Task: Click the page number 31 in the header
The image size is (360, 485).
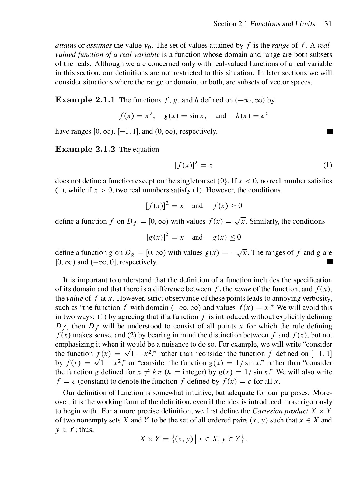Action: [x=328, y=24]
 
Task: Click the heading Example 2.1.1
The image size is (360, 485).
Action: [x=85, y=100]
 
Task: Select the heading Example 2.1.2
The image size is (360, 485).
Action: [x=85, y=149]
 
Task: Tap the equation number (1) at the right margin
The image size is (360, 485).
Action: [x=327, y=165]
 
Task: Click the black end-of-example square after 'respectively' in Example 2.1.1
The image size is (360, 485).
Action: [x=330, y=132]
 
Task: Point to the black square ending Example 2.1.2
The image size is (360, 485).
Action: [x=330, y=262]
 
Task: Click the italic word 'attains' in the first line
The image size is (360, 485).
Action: [x=66, y=45]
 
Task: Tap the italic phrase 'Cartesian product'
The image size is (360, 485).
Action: [x=280, y=411]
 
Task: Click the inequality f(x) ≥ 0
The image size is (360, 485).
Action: [x=228, y=206]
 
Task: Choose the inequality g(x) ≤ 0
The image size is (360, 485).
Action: [x=227, y=237]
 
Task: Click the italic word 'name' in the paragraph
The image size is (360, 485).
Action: [x=242, y=289]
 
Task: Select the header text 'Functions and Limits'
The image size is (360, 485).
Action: [x=282, y=24]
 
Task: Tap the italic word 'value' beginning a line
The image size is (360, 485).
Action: [x=74, y=299]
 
